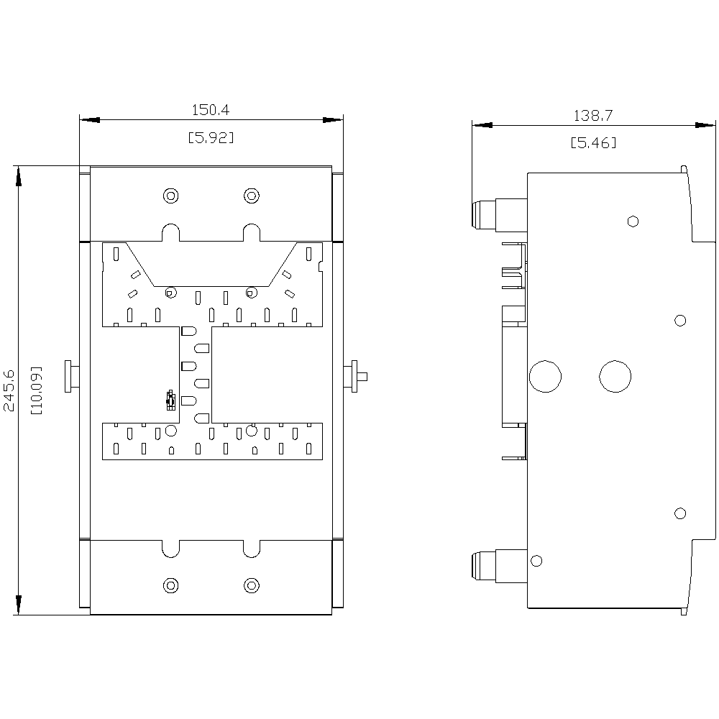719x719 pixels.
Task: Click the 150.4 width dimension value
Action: click(211, 110)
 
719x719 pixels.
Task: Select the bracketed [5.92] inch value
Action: click(211, 137)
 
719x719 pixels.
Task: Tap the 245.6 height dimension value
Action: click(9, 390)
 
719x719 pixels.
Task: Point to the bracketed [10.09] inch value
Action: click(36, 390)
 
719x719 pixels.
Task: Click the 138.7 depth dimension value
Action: click(593, 116)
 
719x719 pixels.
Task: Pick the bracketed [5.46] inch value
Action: click(593, 143)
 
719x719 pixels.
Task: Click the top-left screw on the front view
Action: click(170, 196)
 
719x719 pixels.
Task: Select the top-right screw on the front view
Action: click(251, 196)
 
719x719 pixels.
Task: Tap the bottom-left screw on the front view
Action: click(170, 585)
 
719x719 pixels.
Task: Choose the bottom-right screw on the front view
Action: click(251, 585)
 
